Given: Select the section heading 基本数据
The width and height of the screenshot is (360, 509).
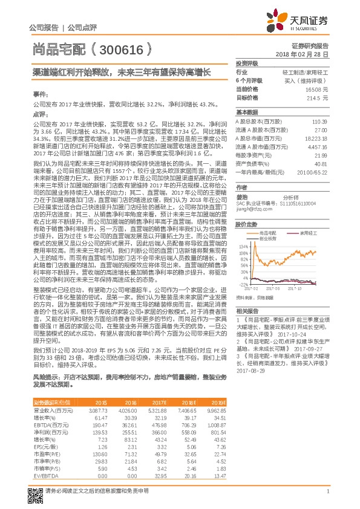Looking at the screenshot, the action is click(246, 112).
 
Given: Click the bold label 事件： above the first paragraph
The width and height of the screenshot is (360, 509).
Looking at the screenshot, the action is click(39, 96).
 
